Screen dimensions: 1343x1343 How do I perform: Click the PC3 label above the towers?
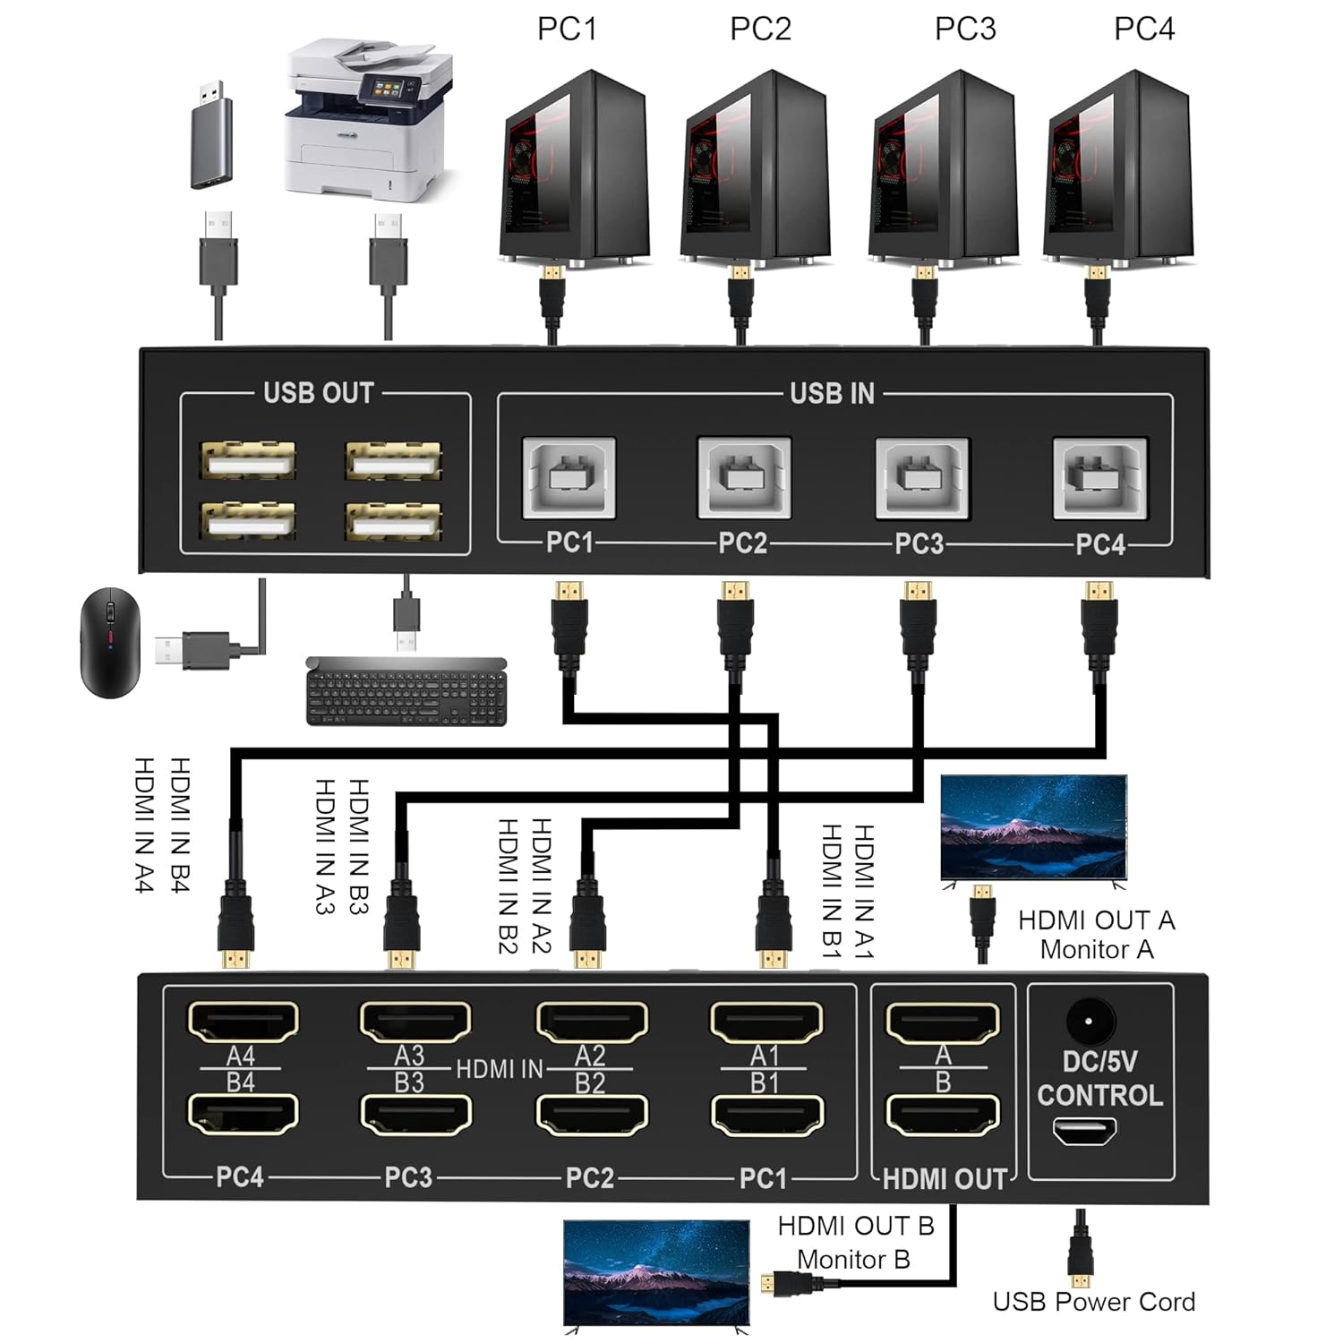965,29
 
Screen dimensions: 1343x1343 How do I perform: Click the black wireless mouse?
109,642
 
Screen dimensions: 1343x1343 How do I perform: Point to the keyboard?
406,692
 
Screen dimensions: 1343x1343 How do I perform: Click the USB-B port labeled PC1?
569,477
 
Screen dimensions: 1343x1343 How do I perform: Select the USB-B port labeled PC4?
1099,477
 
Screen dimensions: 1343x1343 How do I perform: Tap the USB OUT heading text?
318,393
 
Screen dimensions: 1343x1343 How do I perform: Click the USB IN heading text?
832,394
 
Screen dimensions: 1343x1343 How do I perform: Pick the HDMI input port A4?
243,1021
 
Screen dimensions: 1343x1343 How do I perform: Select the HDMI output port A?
942,1022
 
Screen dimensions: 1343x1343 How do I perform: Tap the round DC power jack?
1090,1021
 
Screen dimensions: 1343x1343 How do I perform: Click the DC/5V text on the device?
1099,1062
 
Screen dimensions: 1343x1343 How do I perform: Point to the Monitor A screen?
1033,827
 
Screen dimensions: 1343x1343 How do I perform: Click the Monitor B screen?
656,1271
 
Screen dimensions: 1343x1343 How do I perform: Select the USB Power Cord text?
1093,1302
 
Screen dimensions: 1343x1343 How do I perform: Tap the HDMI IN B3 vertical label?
358,846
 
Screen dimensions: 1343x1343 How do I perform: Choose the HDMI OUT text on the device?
945,1179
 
